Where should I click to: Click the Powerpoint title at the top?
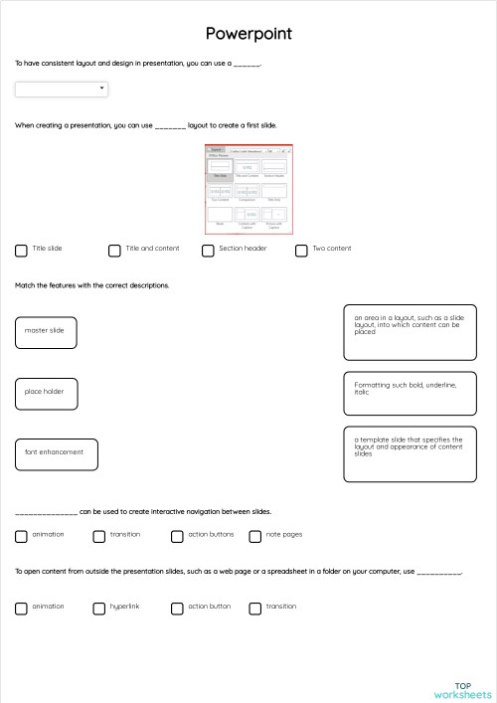point(248,34)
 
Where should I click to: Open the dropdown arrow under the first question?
point(102,88)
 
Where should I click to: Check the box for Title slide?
point(21,251)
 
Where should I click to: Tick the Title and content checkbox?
point(114,251)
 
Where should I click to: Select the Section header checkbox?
point(208,251)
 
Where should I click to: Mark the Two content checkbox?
point(301,251)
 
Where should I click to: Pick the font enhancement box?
point(57,453)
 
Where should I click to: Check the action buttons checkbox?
point(177,536)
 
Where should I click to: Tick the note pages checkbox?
point(255,536)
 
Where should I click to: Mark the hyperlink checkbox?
point(99,608)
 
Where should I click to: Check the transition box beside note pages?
point(99,536)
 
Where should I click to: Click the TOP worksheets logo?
point(462,690)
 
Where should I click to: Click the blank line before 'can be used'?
point(46,513)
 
